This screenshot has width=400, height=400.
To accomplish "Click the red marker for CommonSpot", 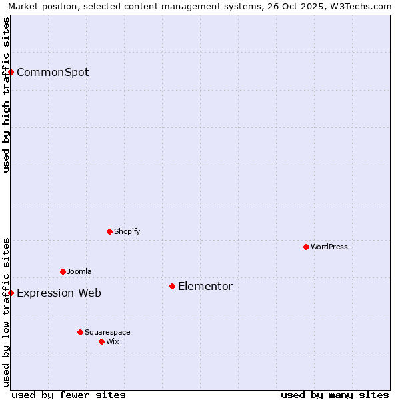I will (11, 72).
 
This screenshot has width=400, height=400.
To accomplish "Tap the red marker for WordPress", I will (306, 247).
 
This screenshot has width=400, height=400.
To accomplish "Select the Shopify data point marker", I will (109, 231).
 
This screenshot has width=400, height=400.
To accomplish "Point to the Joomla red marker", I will (63, 271).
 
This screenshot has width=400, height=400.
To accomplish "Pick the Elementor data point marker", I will (172, 286).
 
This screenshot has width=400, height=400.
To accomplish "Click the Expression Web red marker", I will (11, 293).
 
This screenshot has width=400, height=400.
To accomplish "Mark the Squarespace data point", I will (80, 332).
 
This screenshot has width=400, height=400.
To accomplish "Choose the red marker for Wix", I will (101, 341).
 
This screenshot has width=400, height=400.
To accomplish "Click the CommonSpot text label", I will (53, 73).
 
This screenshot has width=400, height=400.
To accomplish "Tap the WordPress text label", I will (329, 247).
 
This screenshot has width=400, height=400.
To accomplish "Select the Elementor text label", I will (205, 287).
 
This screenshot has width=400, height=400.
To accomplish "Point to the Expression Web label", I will (59, 293).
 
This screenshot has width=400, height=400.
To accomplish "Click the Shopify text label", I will (127, 231).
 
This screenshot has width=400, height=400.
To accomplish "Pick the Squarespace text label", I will (107, 332).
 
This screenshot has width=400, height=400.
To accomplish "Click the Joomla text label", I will (79, 271).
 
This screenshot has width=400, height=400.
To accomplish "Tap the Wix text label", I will (113, 341).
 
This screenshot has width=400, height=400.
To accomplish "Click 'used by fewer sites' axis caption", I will (69, 395).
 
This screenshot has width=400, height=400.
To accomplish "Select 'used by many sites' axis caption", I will (335, 395).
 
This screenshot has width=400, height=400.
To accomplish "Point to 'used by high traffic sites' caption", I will (7, 95).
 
